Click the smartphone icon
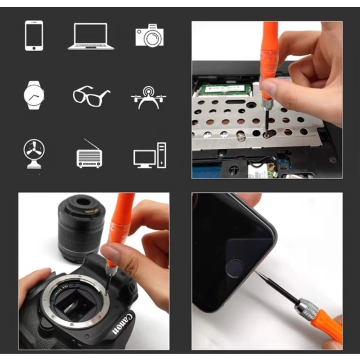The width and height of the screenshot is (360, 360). [x=34, y=36]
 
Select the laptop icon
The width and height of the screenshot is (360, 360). [x=91, y=36]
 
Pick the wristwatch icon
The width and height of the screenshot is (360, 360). [x=34, y=95]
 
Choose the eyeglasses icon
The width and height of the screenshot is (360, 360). [x=91, y=96]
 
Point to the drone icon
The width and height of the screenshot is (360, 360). [x=149, y=97]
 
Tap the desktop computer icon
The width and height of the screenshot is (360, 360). [x=150, y=155]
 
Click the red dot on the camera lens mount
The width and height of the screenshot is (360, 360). [x=100, y=317]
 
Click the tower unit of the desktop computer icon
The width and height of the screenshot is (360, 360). [x=162, y=155]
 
